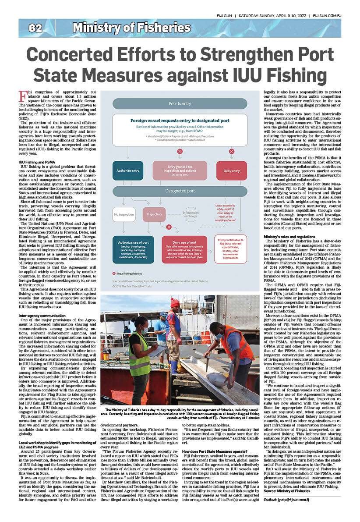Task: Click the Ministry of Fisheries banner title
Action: click(131, 28)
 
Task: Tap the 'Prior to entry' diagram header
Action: click(180, 103)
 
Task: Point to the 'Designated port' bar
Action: click(180, 191)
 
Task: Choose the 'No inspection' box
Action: click(124, 214)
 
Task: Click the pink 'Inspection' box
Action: click(154, 214)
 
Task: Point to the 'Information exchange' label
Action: click(191, 214)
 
